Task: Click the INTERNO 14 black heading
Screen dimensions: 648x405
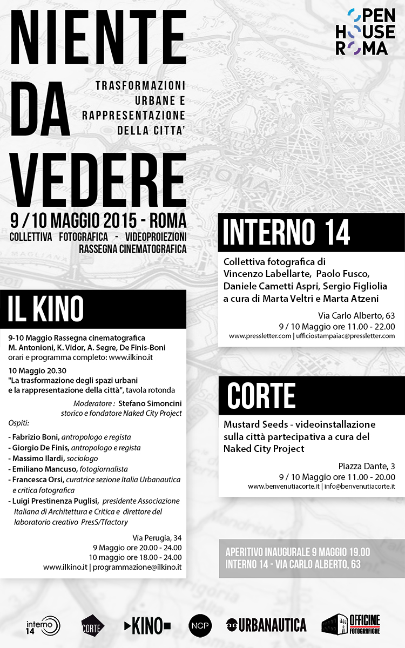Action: [x=287, y=233]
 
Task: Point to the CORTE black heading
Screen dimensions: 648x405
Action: [x=261, y=396]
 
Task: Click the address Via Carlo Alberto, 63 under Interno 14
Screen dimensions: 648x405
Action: [x=356, y=316]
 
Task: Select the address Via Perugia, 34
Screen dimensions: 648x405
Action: [x=157, y=537]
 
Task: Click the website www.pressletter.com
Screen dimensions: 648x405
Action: [x=260, y=336]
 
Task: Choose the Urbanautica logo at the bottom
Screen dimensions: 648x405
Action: [x=266, y=625]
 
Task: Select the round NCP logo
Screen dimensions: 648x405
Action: [x=200, y=625]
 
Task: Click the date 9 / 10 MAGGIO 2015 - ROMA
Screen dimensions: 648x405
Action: [x=98, y=220]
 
